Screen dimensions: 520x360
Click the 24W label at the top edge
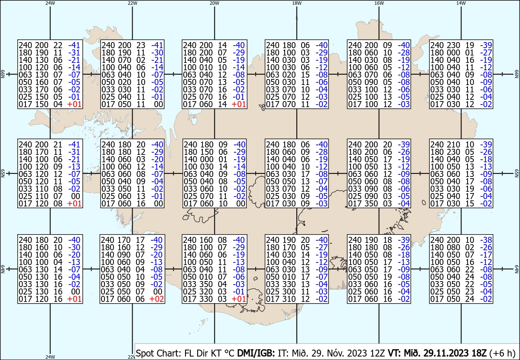[50, 3]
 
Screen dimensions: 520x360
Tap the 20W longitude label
[214, 3]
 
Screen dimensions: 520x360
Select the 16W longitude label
[379, 3]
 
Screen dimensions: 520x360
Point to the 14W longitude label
[461, 3]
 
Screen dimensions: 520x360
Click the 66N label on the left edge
[3, 74]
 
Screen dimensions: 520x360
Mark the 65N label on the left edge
[3, 173]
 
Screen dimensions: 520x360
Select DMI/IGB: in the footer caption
[256, 353]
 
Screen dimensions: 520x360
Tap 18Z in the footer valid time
[479, 353]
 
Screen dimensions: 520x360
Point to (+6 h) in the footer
[502, 353]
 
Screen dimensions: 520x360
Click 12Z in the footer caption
[378, 353]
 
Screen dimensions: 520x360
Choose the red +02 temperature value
[157, 299]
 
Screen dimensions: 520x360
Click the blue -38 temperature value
[486, 240]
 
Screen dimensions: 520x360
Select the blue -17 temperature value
[486, 255]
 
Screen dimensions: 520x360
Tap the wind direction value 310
[289, 299]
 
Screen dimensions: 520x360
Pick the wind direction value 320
[206, 291]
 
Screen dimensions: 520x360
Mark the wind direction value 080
[453, 247]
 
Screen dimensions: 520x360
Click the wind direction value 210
[453, 144]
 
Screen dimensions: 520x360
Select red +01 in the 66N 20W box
[239, 105]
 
